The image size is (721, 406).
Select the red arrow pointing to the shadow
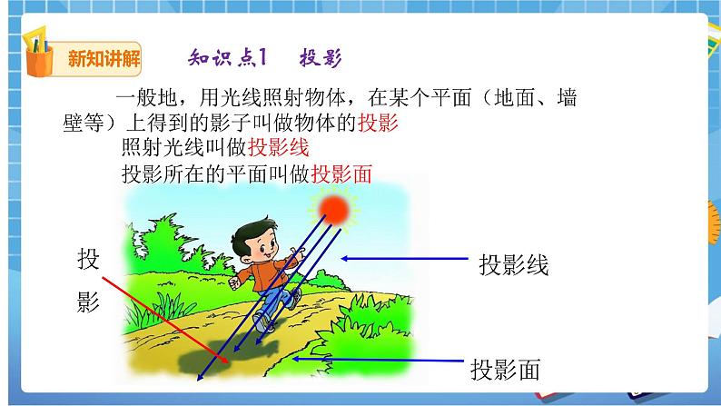[x=154, y=308]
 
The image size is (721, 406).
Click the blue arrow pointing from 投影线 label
[x=403, y=259]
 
